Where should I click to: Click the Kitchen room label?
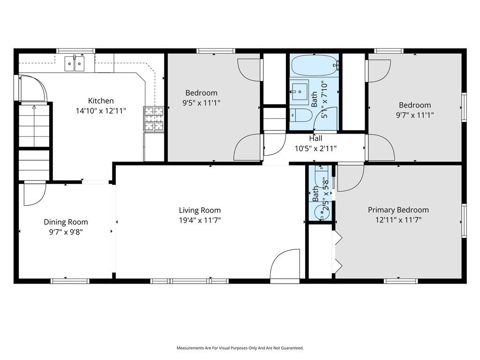click(101, 101)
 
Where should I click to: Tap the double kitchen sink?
click(75, 64)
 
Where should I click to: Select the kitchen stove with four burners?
click(154, 119)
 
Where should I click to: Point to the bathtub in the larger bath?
click(315, 65)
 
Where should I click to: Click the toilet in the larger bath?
click(301, 115)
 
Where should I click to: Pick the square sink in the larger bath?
click(299, 91)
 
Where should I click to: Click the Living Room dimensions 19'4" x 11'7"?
click(200, 220)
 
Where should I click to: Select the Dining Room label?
click(66, 222)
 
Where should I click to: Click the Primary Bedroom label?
click(398, 210)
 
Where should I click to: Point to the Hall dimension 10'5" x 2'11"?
click(315, 149)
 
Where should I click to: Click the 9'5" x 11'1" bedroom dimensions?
click(201, 103)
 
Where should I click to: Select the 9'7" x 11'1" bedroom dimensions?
click(415, 115)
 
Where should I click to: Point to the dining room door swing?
click(35, 194)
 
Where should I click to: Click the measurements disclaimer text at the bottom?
click(240, 348)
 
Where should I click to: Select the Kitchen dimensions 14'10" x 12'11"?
click(101, 111)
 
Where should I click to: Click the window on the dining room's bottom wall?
click(70, 281)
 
